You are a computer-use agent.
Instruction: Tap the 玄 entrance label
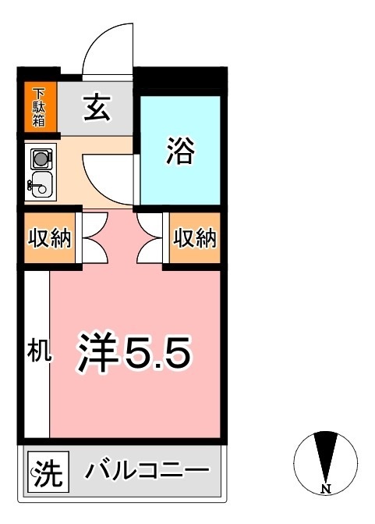97,108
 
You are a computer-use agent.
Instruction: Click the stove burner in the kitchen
39,159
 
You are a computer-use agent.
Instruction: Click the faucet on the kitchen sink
31,185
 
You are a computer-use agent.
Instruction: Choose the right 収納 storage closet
193,238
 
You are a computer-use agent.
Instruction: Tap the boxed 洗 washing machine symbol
48,473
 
